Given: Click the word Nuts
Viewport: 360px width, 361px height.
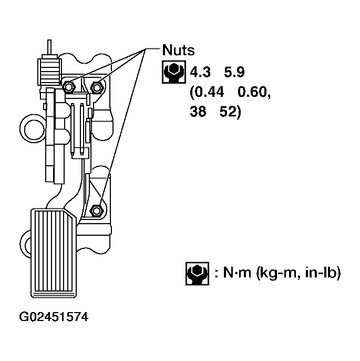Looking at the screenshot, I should click(x=179, y=51).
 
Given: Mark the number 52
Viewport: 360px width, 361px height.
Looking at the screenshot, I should click(x=230, y=113).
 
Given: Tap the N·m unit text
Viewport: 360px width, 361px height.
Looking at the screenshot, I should click(x=236, y=273).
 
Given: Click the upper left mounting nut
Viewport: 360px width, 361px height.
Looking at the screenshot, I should click(x=69, y=86).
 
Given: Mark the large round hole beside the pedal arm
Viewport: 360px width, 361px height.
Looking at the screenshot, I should click(x=33, y=127).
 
